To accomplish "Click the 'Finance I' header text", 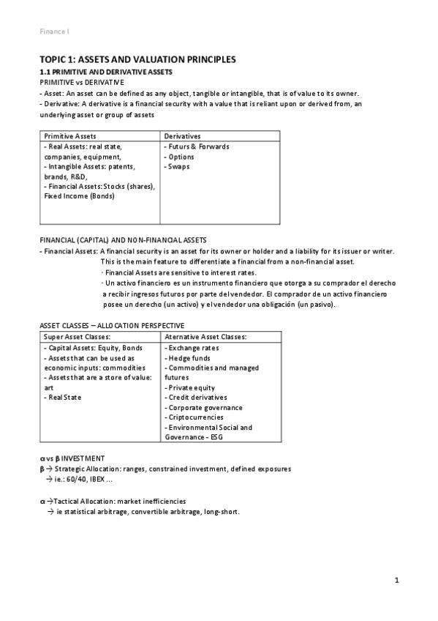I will pyautogui.click(x=54, y=31).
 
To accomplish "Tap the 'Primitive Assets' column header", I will pyautogui.click(x=70, y=136).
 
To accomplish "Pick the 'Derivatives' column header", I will pyautogui.click(x=182, y=136).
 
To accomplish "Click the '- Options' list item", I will pyautogui.click(x=179, y=157).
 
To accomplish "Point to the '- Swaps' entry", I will pyautogui.click(x=178, y=166).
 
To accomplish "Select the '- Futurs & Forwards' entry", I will pyautogui.click(x=196, y=146).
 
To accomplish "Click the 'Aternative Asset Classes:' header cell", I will pyautogui.click(x=205, y=337).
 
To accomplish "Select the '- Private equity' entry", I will pyautogui.click(x=190, y=387).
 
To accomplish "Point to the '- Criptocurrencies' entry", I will pyautogui.click(x=196, y=417).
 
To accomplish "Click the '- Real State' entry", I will pyautogui.click(x=63, y=398).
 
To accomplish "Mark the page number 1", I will pyautogui.click(x=396, y=581).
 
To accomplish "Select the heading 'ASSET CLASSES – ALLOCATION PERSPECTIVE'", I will pyautogui.click(x=111, y=325).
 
